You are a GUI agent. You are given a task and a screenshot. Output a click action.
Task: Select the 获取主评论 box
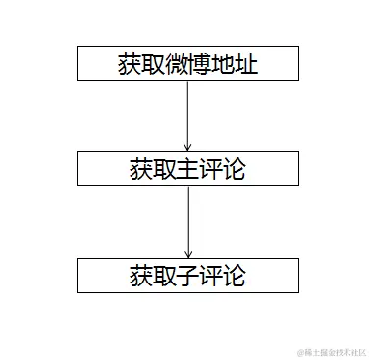186,169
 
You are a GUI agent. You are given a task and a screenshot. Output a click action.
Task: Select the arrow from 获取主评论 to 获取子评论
186,221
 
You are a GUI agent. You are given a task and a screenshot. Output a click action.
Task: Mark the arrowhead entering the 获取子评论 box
186,252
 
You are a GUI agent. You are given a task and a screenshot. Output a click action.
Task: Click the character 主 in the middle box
186,169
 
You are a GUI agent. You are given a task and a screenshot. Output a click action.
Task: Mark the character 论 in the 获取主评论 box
234,169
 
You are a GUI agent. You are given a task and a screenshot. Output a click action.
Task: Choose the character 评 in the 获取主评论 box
210,169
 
